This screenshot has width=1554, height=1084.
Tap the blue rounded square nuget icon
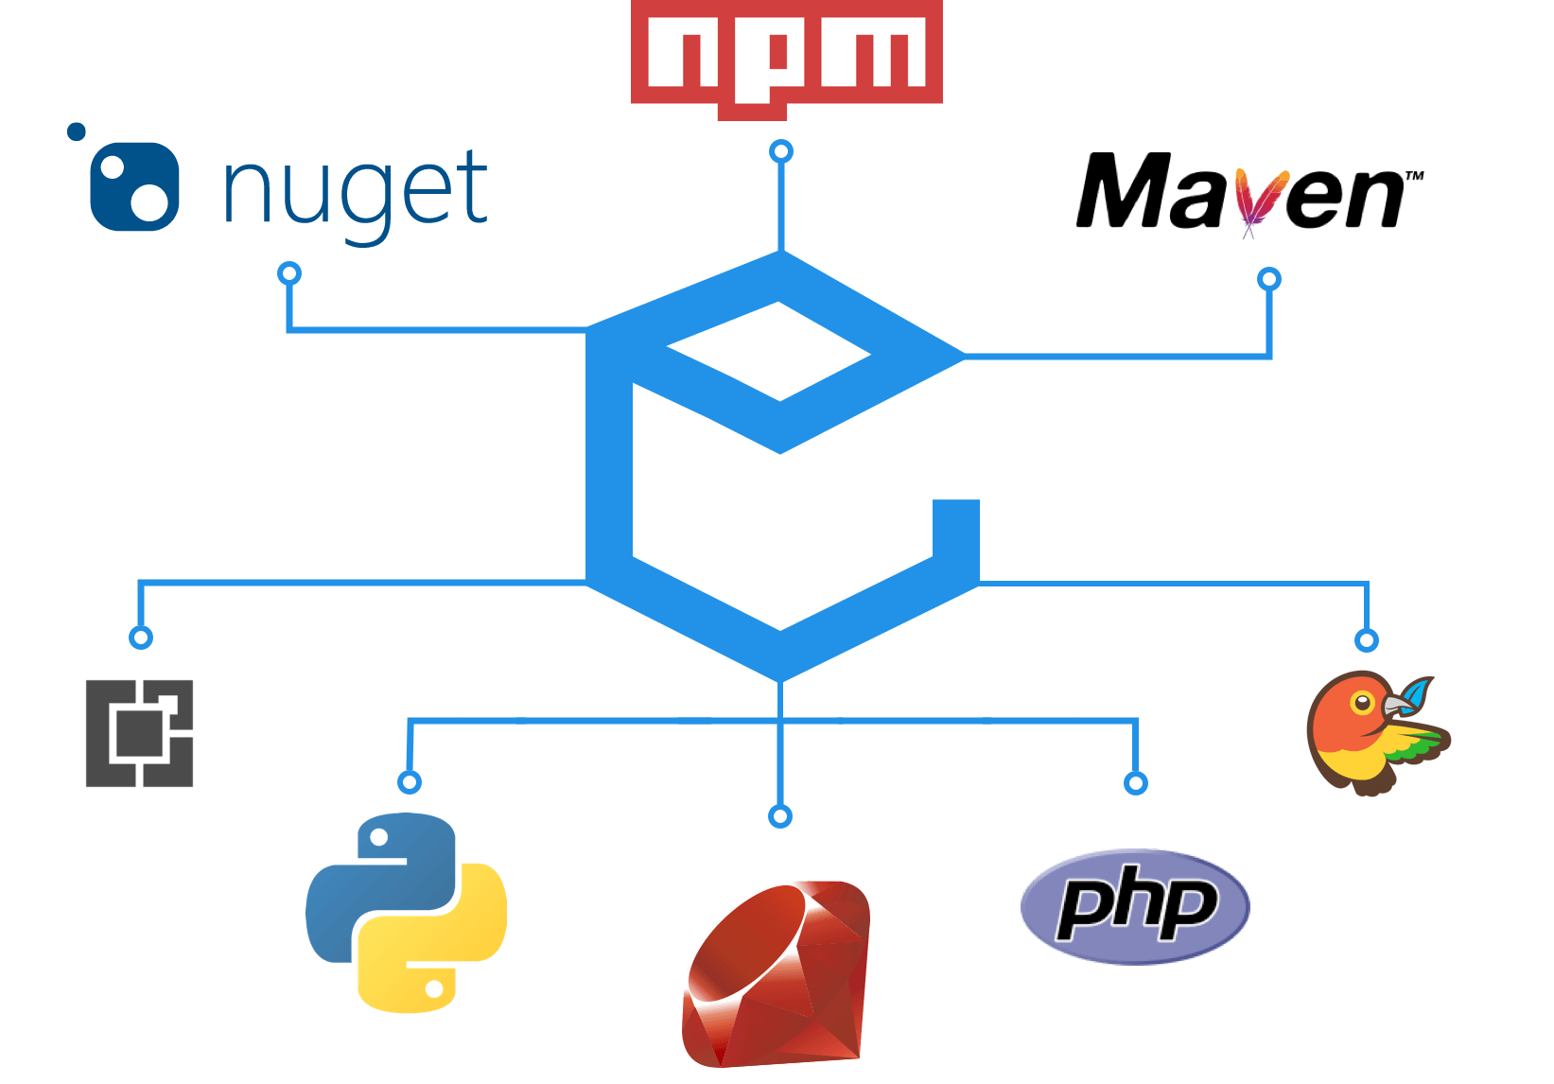(x=133, y=186)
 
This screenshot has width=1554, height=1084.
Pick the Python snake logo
(x=407, y=913)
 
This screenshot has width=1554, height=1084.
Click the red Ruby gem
(x=776, y=974)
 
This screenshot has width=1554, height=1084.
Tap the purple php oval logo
(x=1135, y=906)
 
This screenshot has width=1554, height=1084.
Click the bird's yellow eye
(x=1361, y=703)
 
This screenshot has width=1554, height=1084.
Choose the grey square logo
(x=140, y=733)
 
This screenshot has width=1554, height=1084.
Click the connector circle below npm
(x=780, y=151)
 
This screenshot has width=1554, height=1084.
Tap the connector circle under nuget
(x=289, y=274)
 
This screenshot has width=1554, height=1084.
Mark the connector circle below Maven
(x=1268, y=279)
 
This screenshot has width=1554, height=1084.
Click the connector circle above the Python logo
(x=409, y=782)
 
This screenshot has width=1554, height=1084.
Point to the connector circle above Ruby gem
(x=779, y=816)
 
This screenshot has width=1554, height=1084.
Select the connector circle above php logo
(x=1135, y=783)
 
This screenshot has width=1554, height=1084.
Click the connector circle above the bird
(x=1366, y=640)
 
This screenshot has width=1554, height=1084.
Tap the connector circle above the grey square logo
(x=140, y=638)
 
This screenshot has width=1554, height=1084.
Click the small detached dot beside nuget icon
(x=77, y=131)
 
